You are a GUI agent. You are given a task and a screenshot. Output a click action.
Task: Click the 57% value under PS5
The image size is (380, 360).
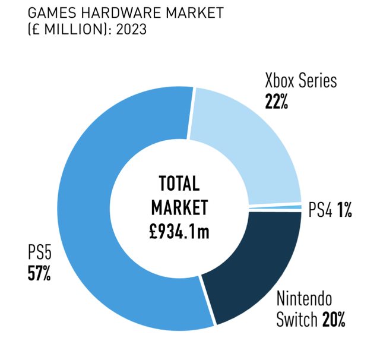39,274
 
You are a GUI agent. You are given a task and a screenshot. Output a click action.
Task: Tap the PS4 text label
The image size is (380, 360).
319,210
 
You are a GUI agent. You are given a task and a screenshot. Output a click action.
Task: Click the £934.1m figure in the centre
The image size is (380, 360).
179,232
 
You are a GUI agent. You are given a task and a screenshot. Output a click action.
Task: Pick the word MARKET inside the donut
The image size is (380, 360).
179,207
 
